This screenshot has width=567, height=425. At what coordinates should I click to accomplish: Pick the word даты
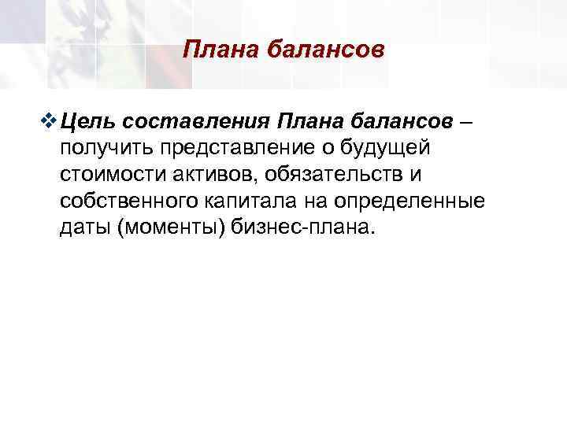(x=83, y=227)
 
